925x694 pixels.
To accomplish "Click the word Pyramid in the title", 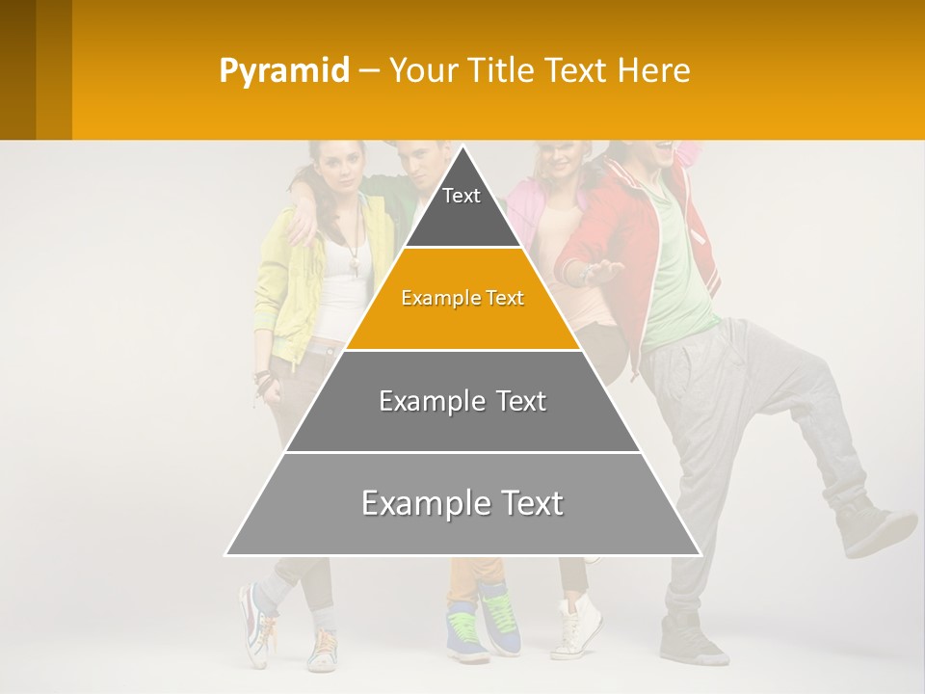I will pos(283,71).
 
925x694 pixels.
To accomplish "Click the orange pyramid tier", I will pos(462,299).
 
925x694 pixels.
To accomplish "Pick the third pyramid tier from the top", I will pos(462,401).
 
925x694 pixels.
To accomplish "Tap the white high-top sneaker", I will pos(578,627).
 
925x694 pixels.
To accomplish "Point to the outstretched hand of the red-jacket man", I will pos(602,274).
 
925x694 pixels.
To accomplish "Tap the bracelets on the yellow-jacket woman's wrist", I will pos(262,378).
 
